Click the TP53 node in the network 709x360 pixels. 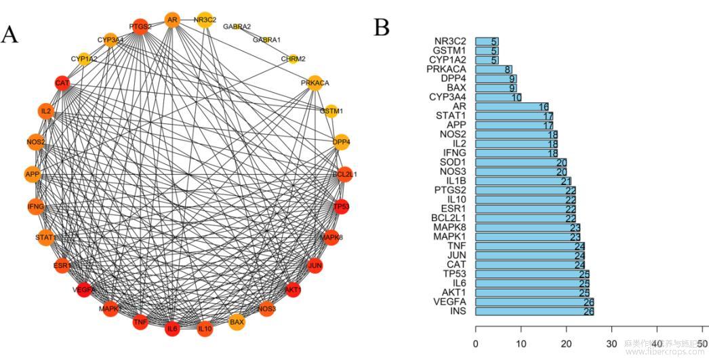click(x=342, y=205)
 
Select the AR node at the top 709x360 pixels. click(x=172, y=20)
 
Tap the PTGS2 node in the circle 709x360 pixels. click(x=140, y=27)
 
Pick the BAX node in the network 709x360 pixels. click(x=237, y=322)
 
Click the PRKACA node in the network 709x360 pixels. click(x=315, y=83)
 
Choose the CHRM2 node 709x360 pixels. click(x=293, y=59)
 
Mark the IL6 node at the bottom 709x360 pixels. click(x=172, y=329)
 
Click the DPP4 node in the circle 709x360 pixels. click(x=342, y=142)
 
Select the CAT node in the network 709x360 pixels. click(x=62, y=83)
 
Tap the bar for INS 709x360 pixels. click(x=534, y=311)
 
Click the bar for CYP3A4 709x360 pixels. click(x=498, y=97)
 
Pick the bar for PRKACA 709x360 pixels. click(x=493, y=69)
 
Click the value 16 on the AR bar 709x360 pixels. click(x=543, y=106)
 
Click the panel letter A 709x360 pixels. click(x=9, y=34)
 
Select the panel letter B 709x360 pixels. click(x=382, y=27)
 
